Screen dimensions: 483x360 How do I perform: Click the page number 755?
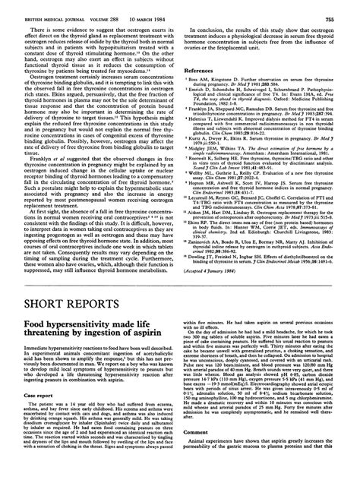coord(343,6)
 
